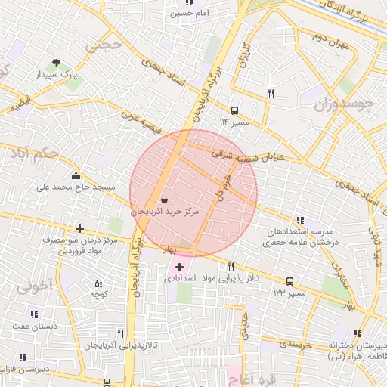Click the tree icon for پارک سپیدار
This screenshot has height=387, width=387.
55,63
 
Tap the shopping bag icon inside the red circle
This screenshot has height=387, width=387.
165,200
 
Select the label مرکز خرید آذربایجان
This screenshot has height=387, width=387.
165,213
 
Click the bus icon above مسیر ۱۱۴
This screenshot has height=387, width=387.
234,110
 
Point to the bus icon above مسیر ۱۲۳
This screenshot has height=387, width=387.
289,281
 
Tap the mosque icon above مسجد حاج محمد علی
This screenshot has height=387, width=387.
76,175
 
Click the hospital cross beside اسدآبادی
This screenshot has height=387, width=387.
179,267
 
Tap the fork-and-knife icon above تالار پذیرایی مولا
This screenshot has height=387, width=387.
231,267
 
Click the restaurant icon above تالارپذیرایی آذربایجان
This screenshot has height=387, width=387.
119,333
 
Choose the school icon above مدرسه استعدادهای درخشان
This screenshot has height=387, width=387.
290,220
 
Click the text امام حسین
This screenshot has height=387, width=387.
190,14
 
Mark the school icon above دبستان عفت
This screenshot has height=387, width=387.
33,314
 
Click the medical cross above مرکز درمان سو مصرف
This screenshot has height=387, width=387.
79,228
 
